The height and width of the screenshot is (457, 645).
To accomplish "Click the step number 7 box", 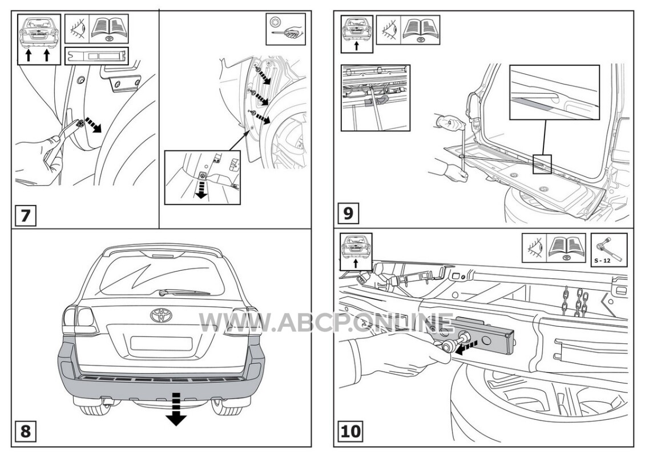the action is tap(26, 215).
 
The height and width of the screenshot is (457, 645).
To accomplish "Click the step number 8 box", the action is tap(26, 431).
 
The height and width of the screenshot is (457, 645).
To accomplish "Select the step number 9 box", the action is tap(348, 213).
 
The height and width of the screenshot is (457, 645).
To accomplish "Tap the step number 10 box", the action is tap(351, 431).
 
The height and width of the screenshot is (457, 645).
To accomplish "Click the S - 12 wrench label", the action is tap(602, 260).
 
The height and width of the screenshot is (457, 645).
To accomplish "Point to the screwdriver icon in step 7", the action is tap(285, 29).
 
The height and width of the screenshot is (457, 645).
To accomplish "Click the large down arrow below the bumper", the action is tap(176, 409).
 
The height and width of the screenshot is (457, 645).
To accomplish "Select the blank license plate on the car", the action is tap(161, 343).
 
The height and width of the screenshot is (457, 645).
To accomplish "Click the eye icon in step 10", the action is tap(534, 248).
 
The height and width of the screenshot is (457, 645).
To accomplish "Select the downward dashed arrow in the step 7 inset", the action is tap(201, 187).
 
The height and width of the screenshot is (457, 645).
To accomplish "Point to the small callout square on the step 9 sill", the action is tap(542, 164).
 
